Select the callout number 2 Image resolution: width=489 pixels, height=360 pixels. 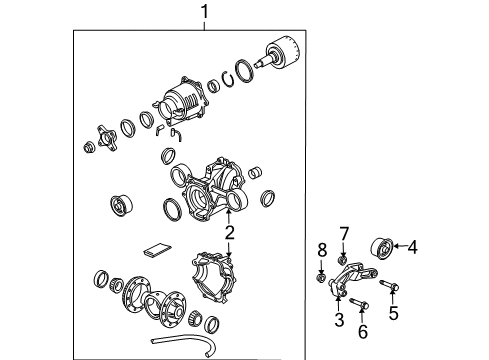229,234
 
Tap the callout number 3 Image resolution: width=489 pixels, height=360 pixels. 339,320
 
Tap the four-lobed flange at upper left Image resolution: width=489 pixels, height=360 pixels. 103,135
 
